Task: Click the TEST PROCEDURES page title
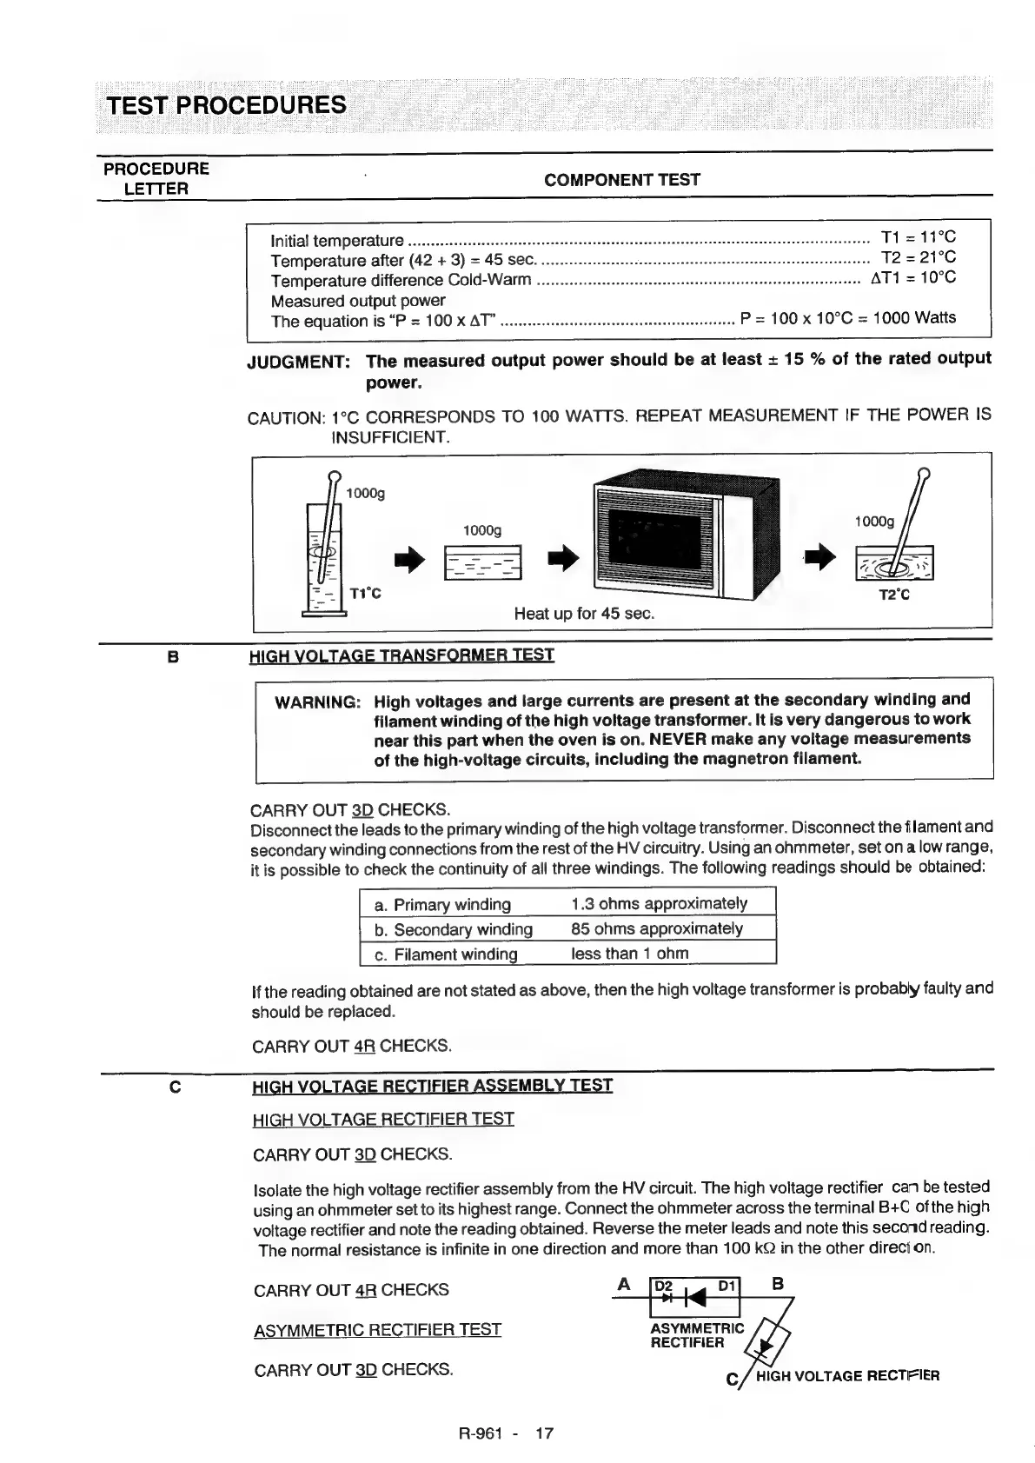(x=226, y=105)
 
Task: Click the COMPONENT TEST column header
(x=621, y=180)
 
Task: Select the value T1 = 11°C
(x=918, y=237)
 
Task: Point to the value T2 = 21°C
(x=918, y=257)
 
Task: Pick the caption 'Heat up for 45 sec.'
(x=584, y=614)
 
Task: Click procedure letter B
(x=172, y=658)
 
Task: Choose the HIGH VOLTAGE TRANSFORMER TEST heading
(x=401, y=655)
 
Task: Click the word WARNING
(x=317, y=702)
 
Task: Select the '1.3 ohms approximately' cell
(x=659, y=903)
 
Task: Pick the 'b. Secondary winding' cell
(x=453, y=929)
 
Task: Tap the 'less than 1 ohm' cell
(x=629, y=954)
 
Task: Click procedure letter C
(x=175, y=1087)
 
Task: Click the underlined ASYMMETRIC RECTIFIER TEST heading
(x=377, y=1330)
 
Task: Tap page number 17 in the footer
(x=544, y=1433)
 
